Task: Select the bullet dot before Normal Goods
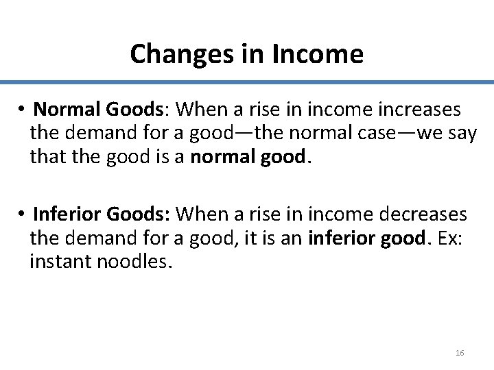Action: click(23, 110)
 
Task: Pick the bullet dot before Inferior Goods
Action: click(23, 214)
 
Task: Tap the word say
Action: click(461, 134)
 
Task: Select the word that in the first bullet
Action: click(45, 158)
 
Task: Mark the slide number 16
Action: click(460, 352)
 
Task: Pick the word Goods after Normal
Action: click(132, 110)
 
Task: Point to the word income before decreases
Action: click(325, 214)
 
